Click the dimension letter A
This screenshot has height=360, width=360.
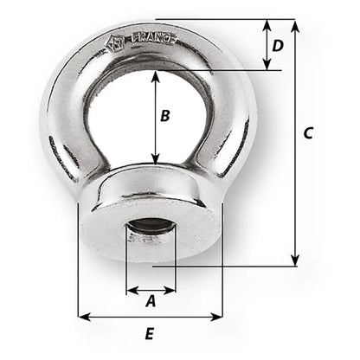[150, 302]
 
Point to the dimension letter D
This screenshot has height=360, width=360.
[278, 44]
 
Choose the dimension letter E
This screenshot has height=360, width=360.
[150, 333]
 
